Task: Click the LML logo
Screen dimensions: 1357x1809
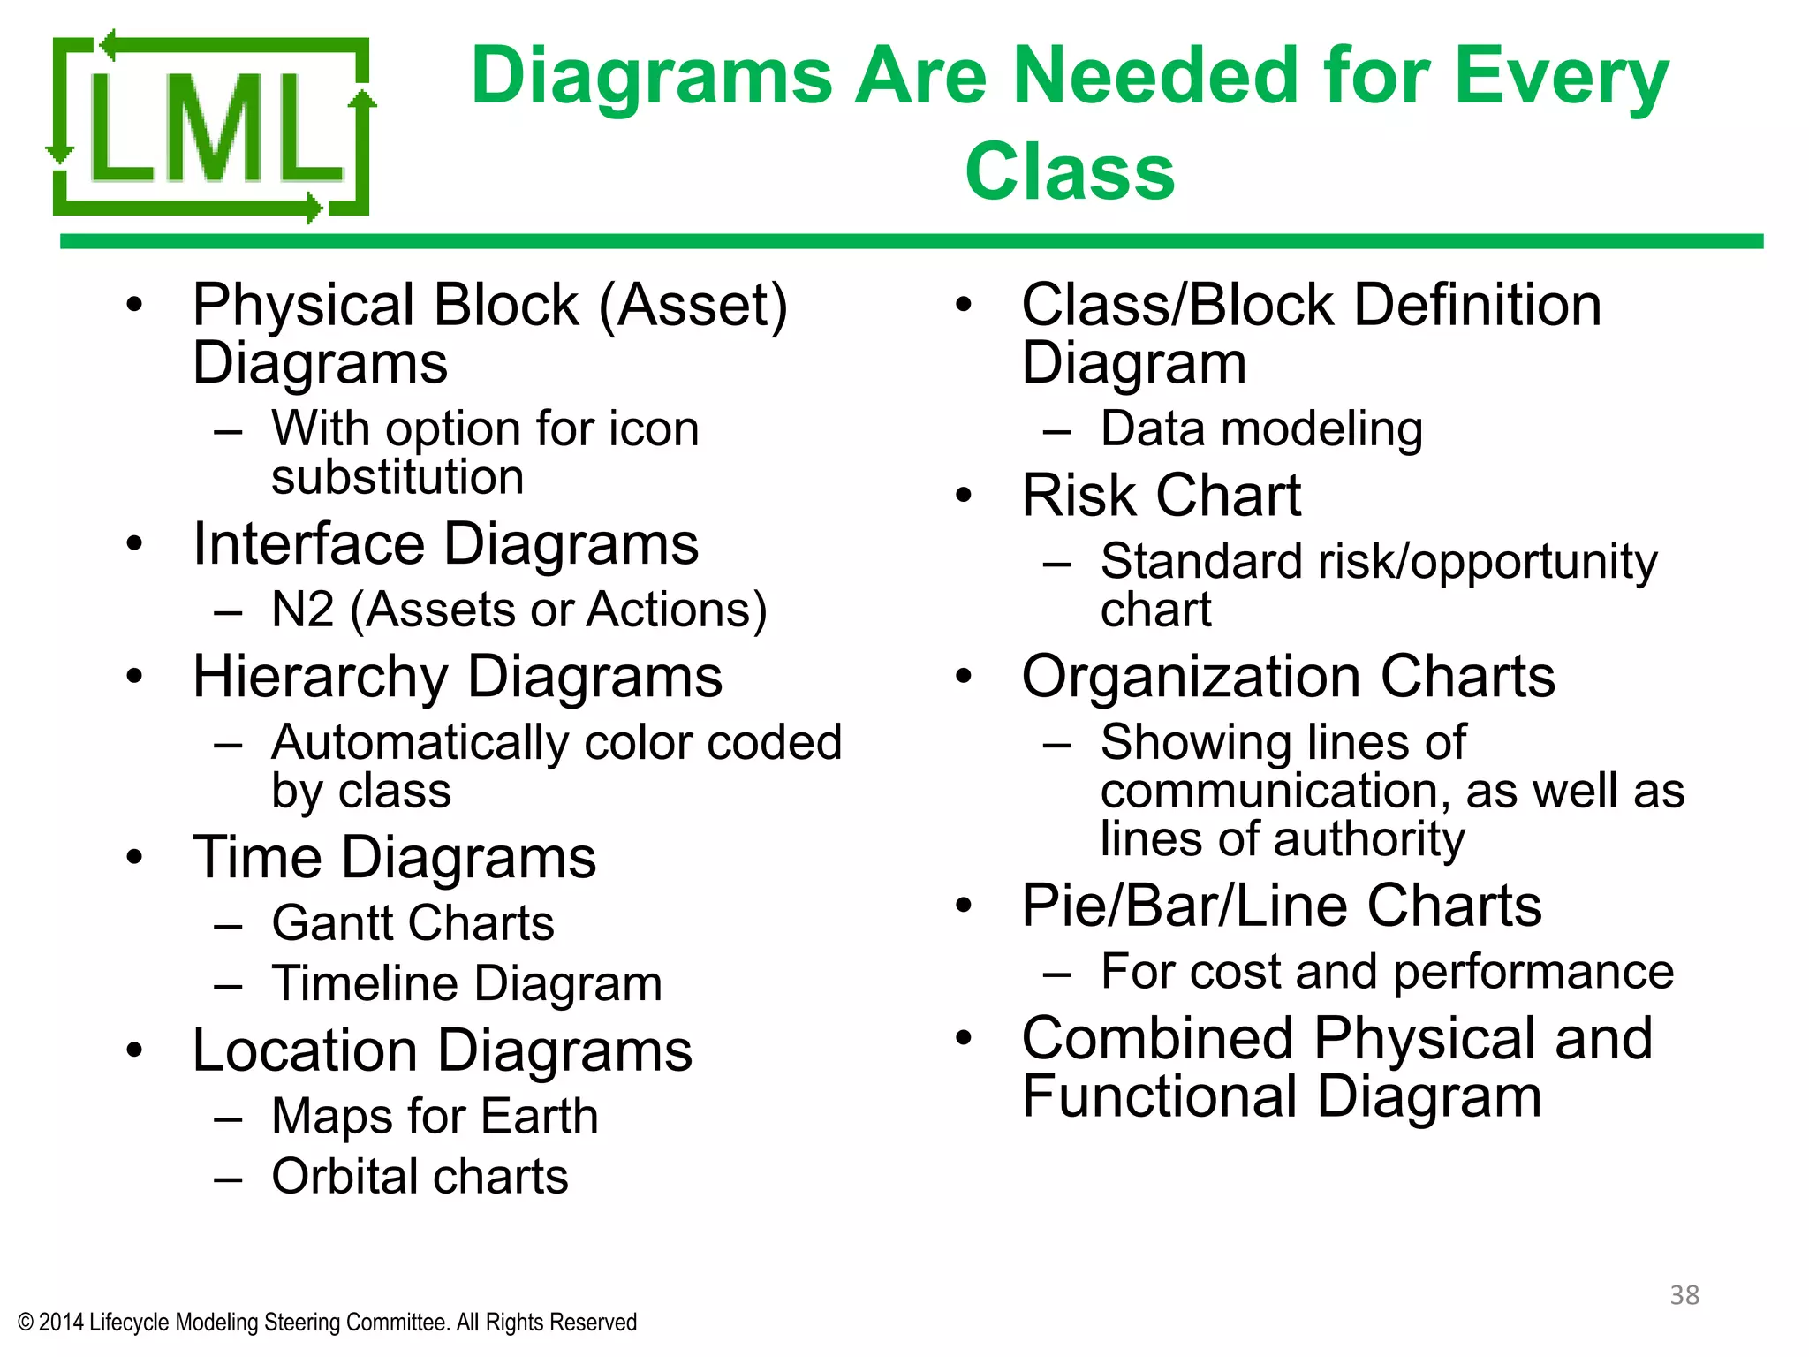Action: [x=210, y=125]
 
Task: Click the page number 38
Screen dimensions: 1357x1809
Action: [x=1684, y=1294]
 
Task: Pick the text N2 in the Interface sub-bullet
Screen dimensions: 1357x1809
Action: [x=303, y=610]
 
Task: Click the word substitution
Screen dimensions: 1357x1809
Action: [x=397, y=477]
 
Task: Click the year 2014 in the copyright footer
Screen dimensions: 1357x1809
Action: [x=61, y=1323]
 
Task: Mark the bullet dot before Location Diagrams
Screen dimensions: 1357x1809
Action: [x=134, y=1050]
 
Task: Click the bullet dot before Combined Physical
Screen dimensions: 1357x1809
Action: [x=964, y=1037]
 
